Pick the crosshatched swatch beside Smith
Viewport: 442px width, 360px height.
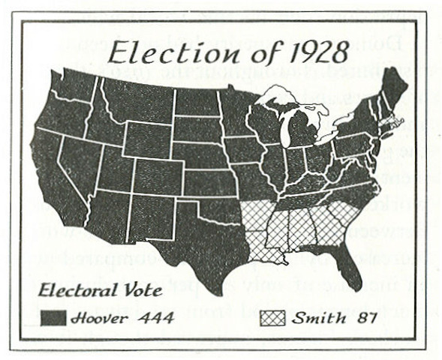click(272, 318)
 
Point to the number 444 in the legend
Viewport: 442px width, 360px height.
click(157, 318)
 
